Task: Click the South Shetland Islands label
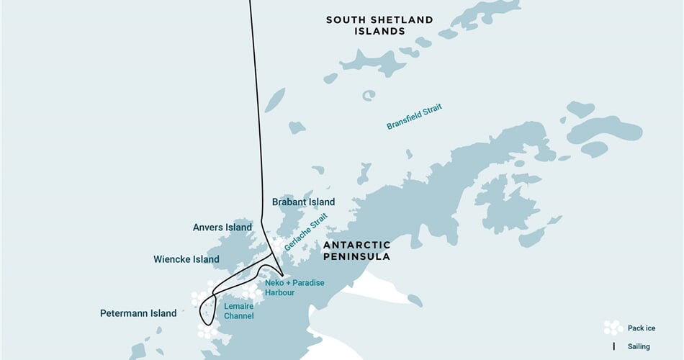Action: coord(379,25)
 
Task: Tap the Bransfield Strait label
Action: coord(414,117)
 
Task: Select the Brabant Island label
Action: coord(303,202)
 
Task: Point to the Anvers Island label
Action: coord(222,228)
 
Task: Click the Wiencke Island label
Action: coord(186,259)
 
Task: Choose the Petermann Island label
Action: coord(138,313)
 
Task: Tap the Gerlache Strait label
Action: coord(305,232)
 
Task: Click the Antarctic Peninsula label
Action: coord(357,251)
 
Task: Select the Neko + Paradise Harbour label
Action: coord(294,287)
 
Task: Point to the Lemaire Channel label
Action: coord(238,311)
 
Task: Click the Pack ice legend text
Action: coord(641,328)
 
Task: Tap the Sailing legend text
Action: coord(639,346)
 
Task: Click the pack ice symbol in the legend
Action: coord(613,328)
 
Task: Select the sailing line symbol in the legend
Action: coord(613,346)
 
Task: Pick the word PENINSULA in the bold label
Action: coord(357,256)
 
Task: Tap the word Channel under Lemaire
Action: coord(238,316)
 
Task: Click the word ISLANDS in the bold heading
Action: coord(379,31)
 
